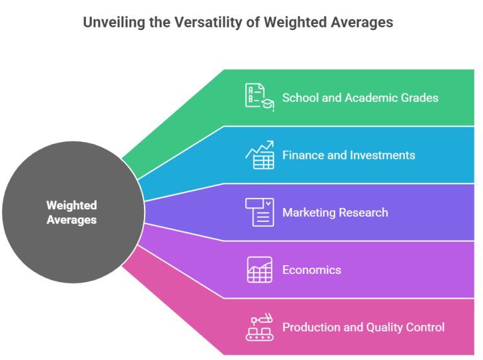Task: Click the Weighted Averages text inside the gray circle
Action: tap(72, 212)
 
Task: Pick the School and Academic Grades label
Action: tap(360, 97)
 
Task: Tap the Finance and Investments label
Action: tap(348, 155)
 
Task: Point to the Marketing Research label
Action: tap(335, 212)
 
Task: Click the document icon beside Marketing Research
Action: tap(259, 212)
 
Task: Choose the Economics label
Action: tap(312, 270)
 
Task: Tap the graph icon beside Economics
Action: tap(259, 270)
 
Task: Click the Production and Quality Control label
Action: tap(364, 327)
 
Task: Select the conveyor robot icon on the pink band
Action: tap(259, 327)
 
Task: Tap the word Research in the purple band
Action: tap(364, 212)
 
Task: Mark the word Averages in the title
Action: tap(358, 23)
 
